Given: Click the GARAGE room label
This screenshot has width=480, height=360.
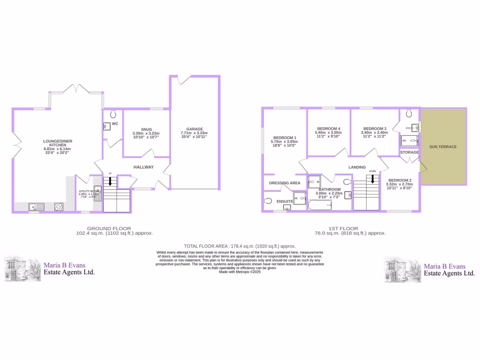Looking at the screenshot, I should (x=194, y=129).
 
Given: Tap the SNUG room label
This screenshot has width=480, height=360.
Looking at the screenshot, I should (x=146, y=129).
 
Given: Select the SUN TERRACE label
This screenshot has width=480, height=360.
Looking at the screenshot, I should (x=442, y=147).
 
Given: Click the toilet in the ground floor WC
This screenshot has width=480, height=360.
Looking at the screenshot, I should (x=112, y=114).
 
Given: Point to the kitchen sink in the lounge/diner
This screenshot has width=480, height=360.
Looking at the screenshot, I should (x=36, y=206).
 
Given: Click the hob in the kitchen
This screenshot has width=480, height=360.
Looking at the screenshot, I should (x=59, y=206).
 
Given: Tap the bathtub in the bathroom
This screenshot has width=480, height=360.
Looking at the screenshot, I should (x=320, y=205).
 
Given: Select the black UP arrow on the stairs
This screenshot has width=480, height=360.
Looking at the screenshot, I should (x=110, y=181).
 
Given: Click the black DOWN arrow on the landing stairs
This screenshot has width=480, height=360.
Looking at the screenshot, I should (x=373, y=179).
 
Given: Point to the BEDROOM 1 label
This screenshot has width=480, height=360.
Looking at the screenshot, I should (x=284, y=137).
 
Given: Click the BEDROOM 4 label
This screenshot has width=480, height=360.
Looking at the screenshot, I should (x=329, y=128).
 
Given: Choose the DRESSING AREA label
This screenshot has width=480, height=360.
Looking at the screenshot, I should (x=285, y=183).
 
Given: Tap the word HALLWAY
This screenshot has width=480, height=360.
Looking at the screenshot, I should (x=143, y=167).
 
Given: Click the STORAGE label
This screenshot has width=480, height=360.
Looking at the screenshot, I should (x=409, y=152).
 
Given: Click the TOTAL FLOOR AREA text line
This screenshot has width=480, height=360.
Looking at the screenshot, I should (x=240, y=246).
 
